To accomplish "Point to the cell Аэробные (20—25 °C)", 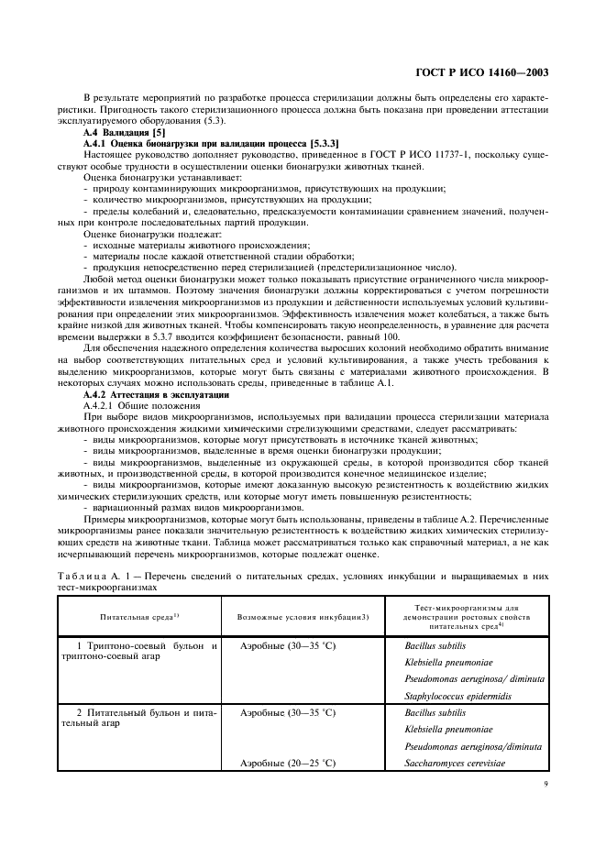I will click(x=287, y=762).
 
